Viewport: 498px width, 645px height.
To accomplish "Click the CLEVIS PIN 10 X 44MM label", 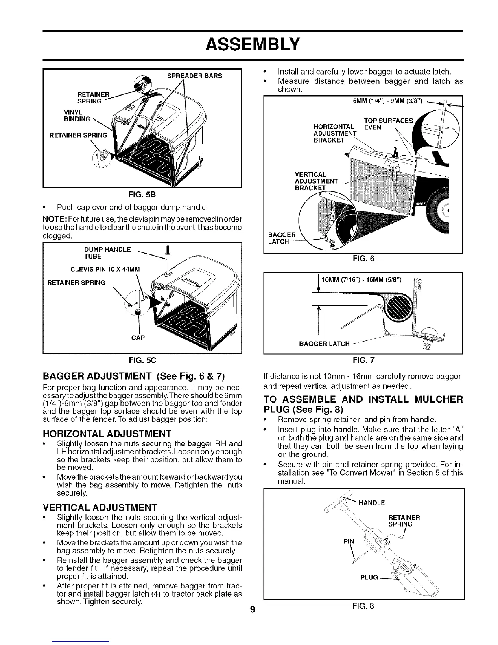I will tap(105, 268).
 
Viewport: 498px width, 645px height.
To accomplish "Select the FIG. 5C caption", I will tap(142, 360).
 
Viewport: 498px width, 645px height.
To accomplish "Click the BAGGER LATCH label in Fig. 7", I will tap(324, 344).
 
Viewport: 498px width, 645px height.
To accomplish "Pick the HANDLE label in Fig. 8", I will tap(372, 502).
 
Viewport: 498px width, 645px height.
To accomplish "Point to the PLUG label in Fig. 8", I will tap(369, 577).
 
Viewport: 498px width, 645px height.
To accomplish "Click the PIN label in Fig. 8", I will tap(349, 542).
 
